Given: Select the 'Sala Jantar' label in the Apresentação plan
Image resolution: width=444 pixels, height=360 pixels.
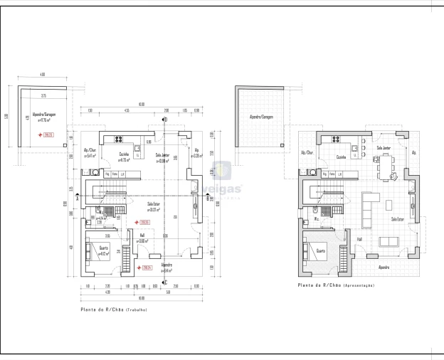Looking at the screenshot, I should click(x=384, y=148).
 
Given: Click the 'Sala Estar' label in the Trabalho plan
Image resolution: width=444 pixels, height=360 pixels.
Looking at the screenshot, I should click(x=153, y=204).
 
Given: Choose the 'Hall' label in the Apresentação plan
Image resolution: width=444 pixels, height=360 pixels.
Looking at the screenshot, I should click(x=359, y=239).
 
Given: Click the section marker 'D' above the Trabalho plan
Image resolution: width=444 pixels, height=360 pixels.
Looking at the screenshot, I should click(x=164, y=120).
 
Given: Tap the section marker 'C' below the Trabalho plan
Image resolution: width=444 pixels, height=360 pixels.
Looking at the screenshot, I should click(x=164, y=282).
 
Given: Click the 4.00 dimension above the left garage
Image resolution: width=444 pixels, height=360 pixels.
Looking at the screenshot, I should click(x=43, y=75).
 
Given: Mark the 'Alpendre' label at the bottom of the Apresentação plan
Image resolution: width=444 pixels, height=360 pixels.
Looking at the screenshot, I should click(x=384, y=267).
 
